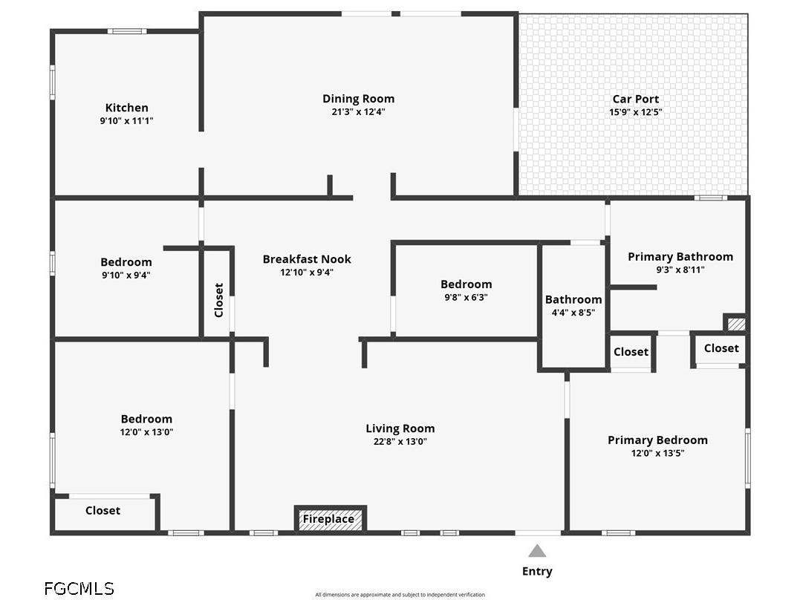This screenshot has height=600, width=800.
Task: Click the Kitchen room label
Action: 126,108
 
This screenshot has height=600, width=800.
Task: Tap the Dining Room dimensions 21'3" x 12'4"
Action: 358,111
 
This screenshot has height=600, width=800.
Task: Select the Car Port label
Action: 636,99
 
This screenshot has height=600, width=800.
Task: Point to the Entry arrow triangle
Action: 537,550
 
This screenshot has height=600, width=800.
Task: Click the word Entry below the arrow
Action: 537,572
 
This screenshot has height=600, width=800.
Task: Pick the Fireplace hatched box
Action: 330,519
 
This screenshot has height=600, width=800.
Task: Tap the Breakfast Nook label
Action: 307,259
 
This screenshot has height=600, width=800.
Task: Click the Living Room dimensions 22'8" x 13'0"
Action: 400,441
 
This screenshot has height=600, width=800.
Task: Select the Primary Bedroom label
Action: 657,440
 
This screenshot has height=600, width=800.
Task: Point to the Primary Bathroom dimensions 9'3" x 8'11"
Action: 680,270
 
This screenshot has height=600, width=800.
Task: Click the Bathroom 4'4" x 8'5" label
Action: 573,306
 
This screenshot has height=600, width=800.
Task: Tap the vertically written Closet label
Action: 219,300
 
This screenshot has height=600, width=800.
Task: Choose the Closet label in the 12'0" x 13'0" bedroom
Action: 103,511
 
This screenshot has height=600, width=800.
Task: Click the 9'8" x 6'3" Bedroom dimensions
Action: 466,298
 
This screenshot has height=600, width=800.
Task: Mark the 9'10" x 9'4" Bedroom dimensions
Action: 126,275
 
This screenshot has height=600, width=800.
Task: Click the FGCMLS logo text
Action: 79,588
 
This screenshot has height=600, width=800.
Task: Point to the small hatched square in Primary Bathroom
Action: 735,324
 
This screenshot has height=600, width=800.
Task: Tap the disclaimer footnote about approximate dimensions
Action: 400,594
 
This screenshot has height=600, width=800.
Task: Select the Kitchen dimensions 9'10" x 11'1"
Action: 126,121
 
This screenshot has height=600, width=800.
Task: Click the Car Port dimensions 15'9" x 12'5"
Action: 636,112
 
